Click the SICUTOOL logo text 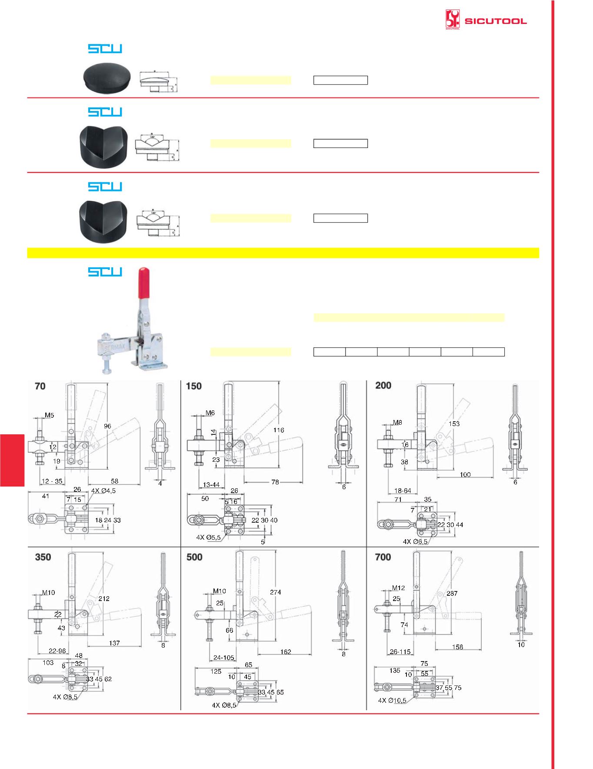(x=496, y=21)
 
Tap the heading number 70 (x=40, y=386)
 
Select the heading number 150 (x=194, y=386)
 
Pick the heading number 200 (x=383, y=386)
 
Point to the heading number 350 (x=43, y=557)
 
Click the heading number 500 (x=194, y=557)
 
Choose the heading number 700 (x=383, y=557)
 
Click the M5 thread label (x=50, y=415)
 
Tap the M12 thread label (x=398, y=588)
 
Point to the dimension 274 (x=275, y=592)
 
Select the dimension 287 (x=452, y=593)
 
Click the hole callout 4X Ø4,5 (x=103, y=490)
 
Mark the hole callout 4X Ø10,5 (x=392, y=701)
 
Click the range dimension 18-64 (x=403, y=490)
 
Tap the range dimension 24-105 (x=223, y=658)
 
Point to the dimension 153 (x=454, y=423)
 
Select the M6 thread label (x=210, y=413)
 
